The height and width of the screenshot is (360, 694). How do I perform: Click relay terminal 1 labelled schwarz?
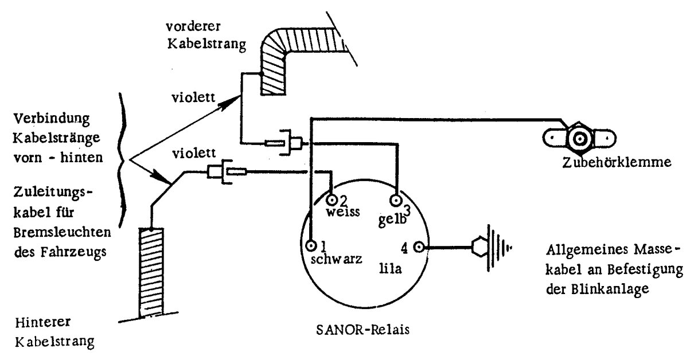point(311,246)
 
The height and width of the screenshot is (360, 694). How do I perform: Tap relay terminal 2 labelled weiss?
point(332,200)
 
